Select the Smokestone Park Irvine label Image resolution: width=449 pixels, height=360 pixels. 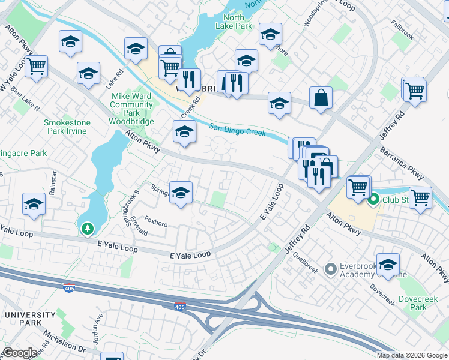(x=67, y=127)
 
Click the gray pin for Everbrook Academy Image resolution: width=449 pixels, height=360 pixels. (x=330, y=269)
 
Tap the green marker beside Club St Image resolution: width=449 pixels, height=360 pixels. (x=373, y=199)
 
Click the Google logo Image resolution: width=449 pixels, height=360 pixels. (x=20, y=353)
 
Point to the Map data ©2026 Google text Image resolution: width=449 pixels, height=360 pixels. (x=411, y=355)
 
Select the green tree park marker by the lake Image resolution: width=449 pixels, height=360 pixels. (x=88, y=229)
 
